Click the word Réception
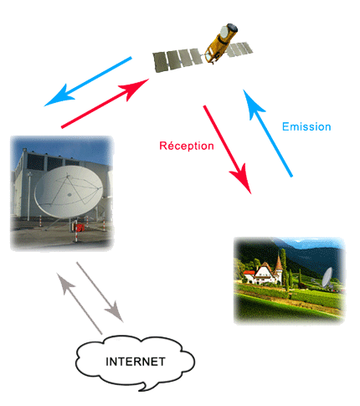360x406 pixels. click(x=187, y=146)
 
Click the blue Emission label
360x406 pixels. click(x=306, y=126)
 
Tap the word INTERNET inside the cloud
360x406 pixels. click(x=136, y=362)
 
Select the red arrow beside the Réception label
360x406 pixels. click(x=227, y=149)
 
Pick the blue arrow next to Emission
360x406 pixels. click(x=267, y=133)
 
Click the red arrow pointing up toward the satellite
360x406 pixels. click(x=105, y=103)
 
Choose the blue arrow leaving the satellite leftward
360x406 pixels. click(x=88, y=81)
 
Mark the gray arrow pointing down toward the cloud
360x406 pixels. click(x=100, y=292)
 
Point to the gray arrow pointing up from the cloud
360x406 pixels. click(x=80, y=304)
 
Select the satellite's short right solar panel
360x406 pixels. click(x=239, y=49)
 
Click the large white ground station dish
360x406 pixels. click(x=69, y=192)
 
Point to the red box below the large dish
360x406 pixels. click(x=80, y=228)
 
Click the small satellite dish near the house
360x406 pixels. click(x=327, y=278)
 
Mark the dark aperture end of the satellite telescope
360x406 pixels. click(x=232, y=28)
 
